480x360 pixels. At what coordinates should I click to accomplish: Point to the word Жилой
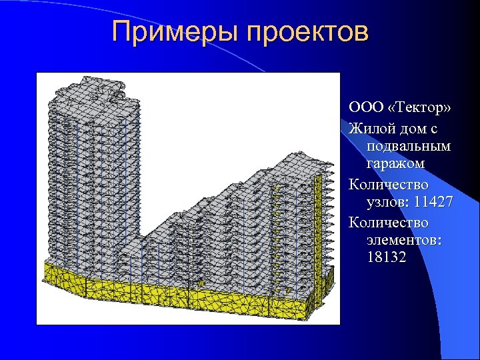[369, 127]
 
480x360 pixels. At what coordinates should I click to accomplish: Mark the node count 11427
[431, 201]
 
